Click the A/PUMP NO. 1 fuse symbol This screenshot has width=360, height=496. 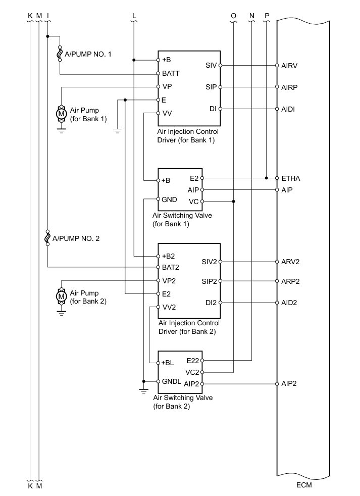coord(61,53)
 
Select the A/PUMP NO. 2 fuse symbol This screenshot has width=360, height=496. coord(47,237)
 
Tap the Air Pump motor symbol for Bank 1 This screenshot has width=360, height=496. coord(62,114)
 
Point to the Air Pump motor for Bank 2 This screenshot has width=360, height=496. coord(62,296)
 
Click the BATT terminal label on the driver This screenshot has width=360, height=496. coord(171,73)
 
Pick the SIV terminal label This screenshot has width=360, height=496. coord(211,65)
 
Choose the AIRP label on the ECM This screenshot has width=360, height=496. coord(289,87)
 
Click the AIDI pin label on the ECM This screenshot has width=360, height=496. coord(288,109)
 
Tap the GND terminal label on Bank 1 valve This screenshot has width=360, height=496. coord(169,200)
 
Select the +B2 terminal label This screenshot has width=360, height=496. coord(169,256)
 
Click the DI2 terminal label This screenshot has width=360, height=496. coord(211,303)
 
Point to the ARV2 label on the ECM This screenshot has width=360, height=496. coord(290,262)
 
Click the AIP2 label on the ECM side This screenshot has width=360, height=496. coord(289,383)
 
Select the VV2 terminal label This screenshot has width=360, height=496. coord(169,307)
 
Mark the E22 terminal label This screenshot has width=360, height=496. coord(193,361)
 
